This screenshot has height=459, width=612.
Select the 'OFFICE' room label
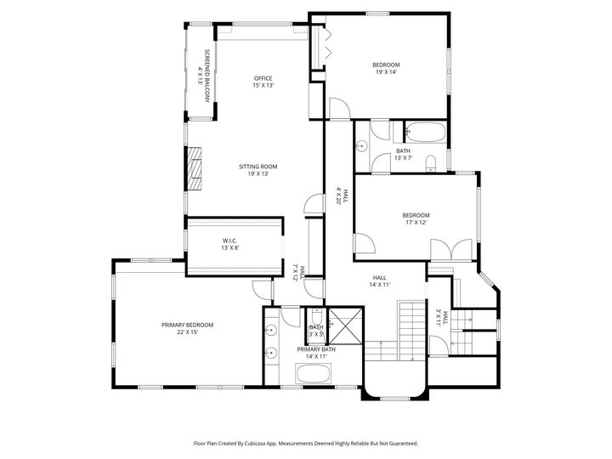click(x=263, y=78)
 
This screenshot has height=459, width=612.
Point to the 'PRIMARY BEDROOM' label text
click(x=187, y=325)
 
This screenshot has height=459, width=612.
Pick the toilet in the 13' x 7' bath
click(x=429, y=161)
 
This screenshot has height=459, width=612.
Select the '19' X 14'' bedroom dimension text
click(x=385, y=72)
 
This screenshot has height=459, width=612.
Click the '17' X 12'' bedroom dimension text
click(x=416, y=223)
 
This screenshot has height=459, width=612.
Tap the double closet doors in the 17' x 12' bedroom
click(x=449, y=249)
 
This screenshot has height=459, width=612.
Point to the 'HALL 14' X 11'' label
click(x=380, y=281)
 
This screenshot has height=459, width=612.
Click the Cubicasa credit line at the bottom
click(x=305, y=443)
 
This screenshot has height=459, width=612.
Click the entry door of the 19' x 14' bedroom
click(x=338, y=108)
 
